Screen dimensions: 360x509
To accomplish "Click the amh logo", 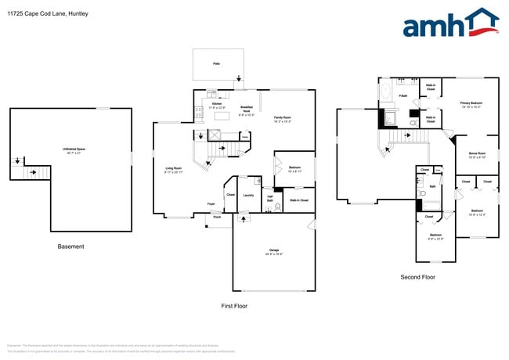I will point(450,23).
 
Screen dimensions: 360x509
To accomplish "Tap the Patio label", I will point(216,63).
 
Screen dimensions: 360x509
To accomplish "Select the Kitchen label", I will point(218,105).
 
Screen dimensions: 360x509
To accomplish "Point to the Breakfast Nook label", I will point(246,110).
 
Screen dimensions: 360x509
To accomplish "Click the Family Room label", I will point(281,118).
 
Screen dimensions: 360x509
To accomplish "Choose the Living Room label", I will point(174,169).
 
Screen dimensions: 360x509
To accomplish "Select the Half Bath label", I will point(269,200).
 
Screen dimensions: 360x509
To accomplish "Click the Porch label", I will point(217,217).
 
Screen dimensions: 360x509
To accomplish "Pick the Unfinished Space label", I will point(74,149).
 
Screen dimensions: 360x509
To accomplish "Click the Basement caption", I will point(70,247).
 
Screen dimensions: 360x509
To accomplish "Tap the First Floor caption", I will point(234,306).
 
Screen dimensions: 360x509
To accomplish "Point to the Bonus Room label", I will point(478,154).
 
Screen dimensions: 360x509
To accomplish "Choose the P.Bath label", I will point(403,96).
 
